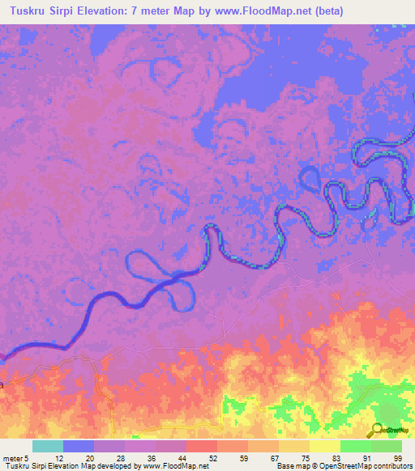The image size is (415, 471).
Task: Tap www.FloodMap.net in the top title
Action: click(x=261, y=11)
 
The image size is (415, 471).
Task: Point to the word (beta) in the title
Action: click(x=323, y=11)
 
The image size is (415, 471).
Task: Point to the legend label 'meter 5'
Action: click(x=15, y=458)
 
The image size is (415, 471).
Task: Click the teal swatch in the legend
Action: click(x=47, y=446)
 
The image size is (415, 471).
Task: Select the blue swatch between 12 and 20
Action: click(x=78, y=446)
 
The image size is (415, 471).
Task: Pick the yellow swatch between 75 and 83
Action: click(x=324, y=446)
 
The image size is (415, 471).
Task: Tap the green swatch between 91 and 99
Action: click(x=386, y=446)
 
